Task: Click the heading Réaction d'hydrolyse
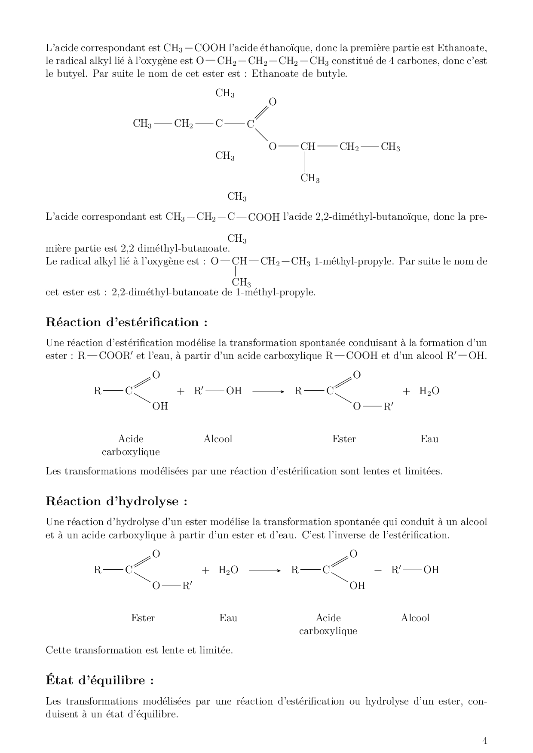[x=116, y=501]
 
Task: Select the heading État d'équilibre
[x=100, y=680]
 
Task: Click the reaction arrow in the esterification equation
[x=268, y=392]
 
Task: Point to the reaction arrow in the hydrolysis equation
[x=265, y=571]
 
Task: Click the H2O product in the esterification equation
[x=429, y=391]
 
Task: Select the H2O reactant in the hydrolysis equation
[x=228, y=570]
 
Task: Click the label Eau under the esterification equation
[x=429, y=439]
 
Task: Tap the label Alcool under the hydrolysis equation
[x=415, y=618]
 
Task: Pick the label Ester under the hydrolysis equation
[x=143, y=618]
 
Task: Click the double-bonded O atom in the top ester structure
[x=273, y=102]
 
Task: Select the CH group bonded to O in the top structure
[x=308, y=147]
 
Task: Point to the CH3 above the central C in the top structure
[x=225, y=93]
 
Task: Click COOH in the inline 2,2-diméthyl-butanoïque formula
[x=264, y=217]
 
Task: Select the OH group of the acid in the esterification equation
[x=160, y=406]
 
